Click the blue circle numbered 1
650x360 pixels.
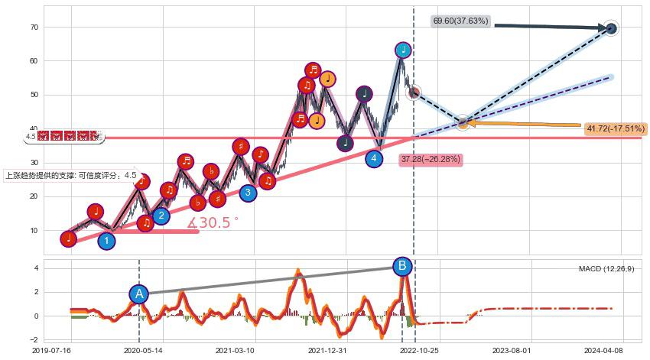[x=107, y=242]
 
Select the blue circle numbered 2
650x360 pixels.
[x=161, y=216]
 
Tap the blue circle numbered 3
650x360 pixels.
[x=248, y=193]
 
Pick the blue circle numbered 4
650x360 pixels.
[x=373, y=159]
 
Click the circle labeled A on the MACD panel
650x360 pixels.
[x=139, y=294]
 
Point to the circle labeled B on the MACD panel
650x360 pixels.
[x=402, y=267]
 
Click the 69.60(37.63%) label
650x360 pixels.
[x=460, y=21]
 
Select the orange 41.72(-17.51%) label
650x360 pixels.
[x=615, y=129]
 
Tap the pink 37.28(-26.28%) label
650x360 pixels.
[x=430, y=159]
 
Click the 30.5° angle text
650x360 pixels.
[x=213, y=223]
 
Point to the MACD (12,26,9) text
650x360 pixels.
[x=606, y=269]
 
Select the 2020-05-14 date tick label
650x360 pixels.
[x=142, y=350]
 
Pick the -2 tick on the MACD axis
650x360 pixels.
[x=35, y=339]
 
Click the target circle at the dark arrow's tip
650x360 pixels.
[x=610, y=28]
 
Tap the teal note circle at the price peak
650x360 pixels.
[x=403, y=50]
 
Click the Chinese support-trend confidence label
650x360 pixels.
[x=70, y=175]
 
